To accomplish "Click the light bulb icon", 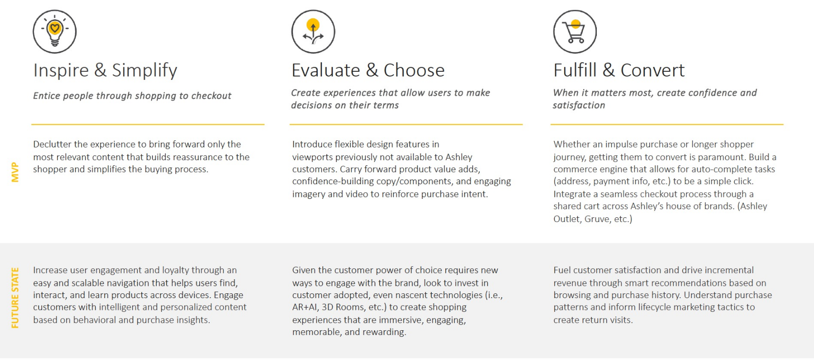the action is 55,32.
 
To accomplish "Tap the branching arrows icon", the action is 314,32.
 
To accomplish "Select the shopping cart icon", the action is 575,32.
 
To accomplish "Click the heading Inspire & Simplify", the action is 105,70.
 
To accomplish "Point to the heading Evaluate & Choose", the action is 368,70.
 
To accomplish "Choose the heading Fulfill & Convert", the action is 619,70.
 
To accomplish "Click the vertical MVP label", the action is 15,172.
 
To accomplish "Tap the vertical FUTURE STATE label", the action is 15,298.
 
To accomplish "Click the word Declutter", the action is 52,144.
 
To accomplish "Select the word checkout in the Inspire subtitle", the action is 211,95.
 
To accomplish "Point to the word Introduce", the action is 312,144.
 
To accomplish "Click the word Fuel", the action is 562,270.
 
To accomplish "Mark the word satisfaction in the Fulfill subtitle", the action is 579,105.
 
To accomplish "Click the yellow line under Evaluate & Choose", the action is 406,124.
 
